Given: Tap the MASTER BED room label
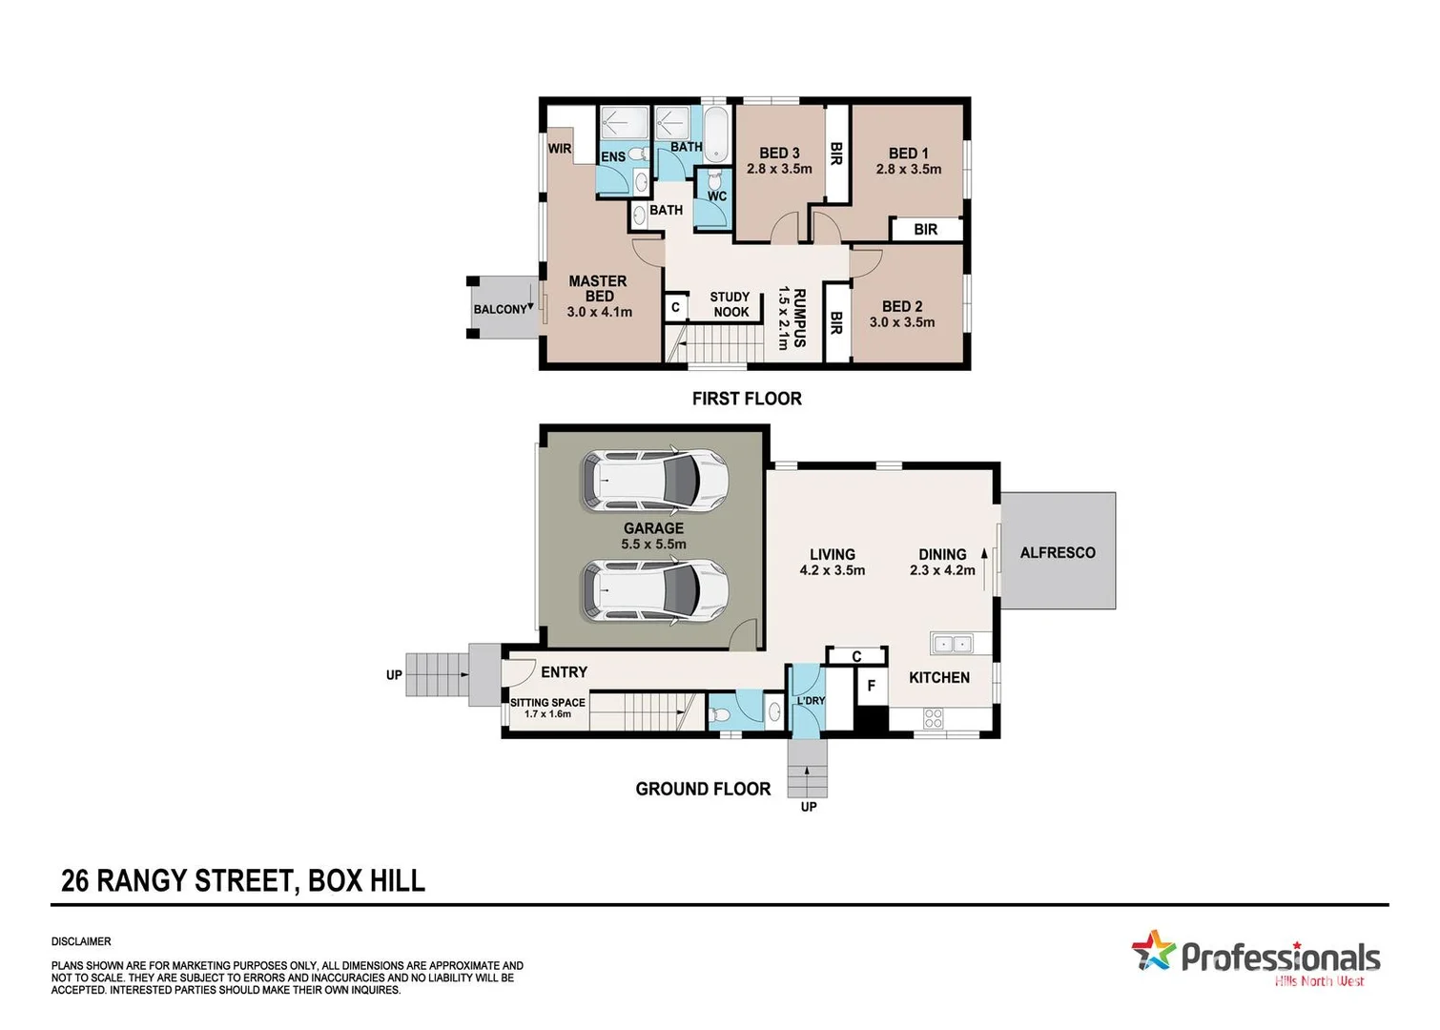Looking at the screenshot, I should (598, 288).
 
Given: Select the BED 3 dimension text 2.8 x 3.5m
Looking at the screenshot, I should (779, 169).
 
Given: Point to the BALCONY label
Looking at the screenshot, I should (501, 309).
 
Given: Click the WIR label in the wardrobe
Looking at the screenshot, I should (560, 149).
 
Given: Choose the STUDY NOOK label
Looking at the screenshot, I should (730, 304).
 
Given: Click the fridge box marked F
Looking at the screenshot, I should (871, 686).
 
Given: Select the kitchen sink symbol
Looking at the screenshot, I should (951, 645).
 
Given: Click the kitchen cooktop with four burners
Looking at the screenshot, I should (933, 718).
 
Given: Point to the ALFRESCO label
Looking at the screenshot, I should (1058, 552).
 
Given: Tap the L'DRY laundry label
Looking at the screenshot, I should (811, 701).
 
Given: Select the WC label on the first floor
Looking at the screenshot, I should (717, 196).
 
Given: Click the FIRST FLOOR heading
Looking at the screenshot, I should (747, 399).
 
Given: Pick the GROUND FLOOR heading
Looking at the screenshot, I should (703, 789).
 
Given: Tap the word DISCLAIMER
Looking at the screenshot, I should (81, 941).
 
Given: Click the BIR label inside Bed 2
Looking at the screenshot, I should (836, 322).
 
